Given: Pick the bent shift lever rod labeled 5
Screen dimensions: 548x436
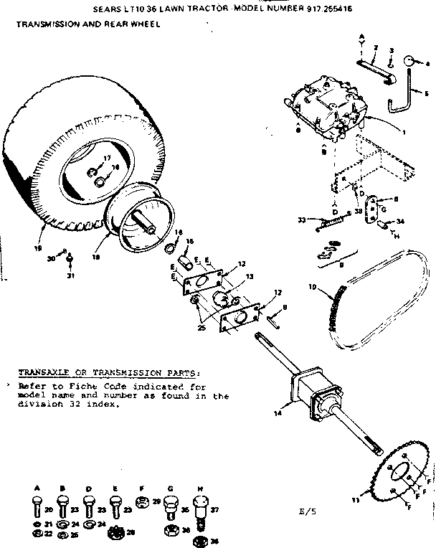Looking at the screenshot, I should pos(403,100).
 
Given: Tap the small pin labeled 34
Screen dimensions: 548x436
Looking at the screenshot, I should pos(384,225).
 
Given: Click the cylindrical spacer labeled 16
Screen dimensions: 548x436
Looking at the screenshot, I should pos(183,257).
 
